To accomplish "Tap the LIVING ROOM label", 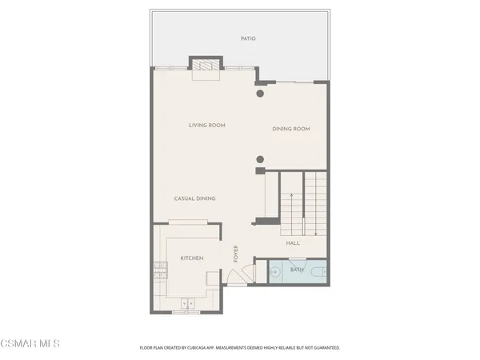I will point(207,125).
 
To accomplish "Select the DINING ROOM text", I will point(290,129).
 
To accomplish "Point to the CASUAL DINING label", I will point(195,198).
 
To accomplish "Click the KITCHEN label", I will point(191,258).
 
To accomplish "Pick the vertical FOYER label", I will point(236,254).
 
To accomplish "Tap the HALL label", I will point(293,242).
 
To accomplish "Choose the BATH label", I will point(297,270).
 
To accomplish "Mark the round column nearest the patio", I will point(260,94).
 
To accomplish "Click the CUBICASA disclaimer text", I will point(240,348).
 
